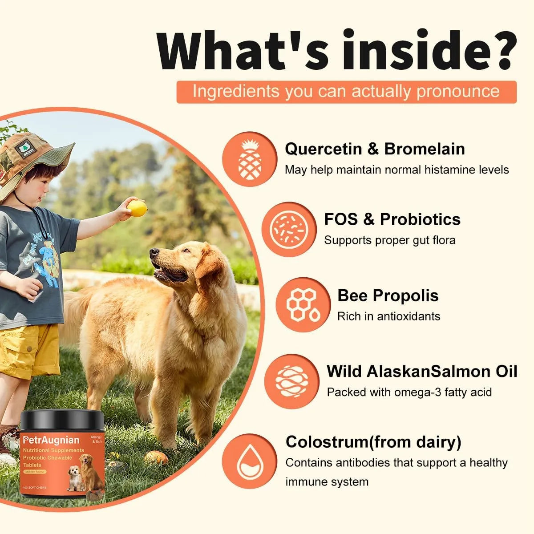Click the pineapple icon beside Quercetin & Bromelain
click(x=249, y=159)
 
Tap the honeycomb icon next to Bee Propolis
click(x=303, y=305)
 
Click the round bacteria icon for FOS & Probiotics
click(x=289, y=230)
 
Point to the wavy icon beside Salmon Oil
click(x=291, y=381)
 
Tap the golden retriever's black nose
click(x=154, y=253)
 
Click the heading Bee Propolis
click(x=388, y=295)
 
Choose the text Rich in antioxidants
click(x=388, y=316)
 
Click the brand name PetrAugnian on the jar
click(x=52, y=440)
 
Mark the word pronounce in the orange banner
click(x=458, y=92)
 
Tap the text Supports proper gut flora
click(x=389, y=240)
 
